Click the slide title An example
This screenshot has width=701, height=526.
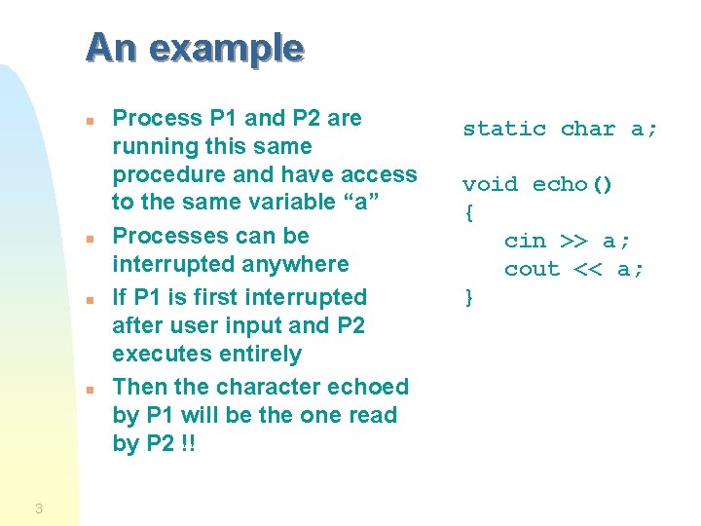click(x=195, y=47)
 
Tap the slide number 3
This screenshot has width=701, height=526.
click(x=38, y=507)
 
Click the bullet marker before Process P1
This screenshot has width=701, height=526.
click(x=89, y=121)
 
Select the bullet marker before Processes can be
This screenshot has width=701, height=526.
click(x=89, y=239)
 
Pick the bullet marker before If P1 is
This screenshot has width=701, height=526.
click(x=89, y=300)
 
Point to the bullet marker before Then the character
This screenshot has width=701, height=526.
click(x=89, y=390)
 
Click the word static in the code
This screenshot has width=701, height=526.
click(x=503, y=129)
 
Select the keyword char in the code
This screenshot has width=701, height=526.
click(x=588, y=129)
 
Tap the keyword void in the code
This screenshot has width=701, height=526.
click(x=490, y=185)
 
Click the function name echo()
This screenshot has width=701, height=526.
click(x=573, y=185)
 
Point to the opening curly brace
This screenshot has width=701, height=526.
click(x=468, y=212)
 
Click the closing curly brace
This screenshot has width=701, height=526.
click(x=468, y=297)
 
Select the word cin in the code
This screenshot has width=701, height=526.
click(x=525, y=241)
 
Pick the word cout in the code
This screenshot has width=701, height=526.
click(x=532, y=269)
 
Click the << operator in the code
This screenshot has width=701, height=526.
click(x=588, y=269)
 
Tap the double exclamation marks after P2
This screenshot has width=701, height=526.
click(x=187, y=443)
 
